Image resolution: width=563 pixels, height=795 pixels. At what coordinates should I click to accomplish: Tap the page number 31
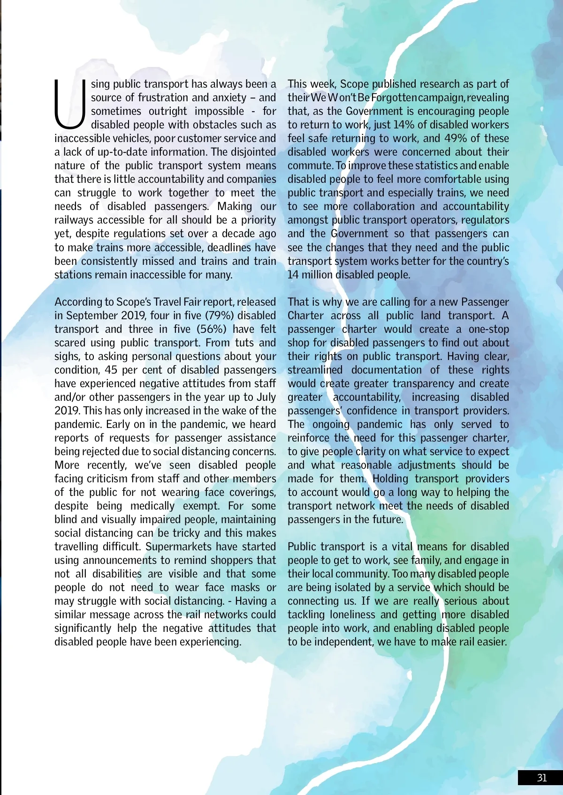(x=542, y=778)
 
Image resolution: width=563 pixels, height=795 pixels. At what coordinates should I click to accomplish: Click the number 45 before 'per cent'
(x=111, y=370)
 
